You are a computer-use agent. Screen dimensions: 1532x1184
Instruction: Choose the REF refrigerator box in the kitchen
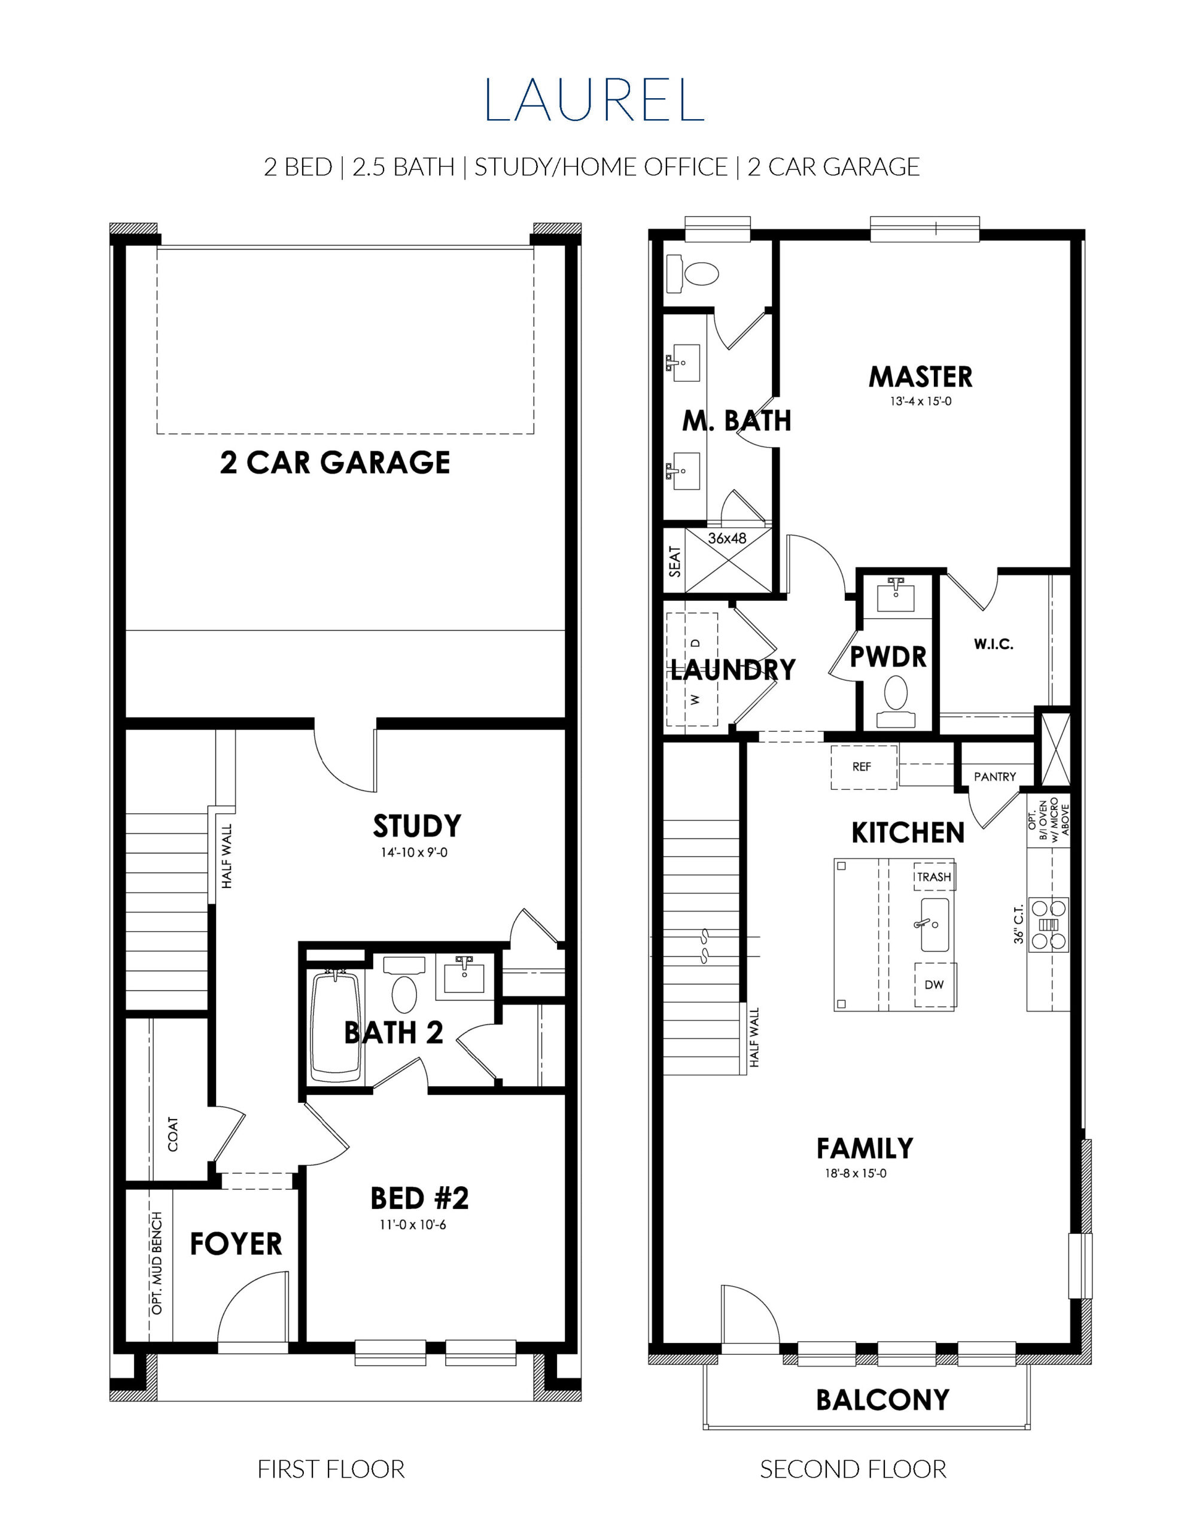[863, 767]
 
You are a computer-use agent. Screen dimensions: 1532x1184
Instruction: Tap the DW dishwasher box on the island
[935, 985]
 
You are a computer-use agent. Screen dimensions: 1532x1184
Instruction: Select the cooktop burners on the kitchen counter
[1049, 925]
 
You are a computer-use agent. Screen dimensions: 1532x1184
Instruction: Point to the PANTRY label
[994, 777]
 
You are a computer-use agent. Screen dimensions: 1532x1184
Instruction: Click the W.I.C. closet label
[993, 644]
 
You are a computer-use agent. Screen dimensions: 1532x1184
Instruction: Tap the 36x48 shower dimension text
[728, 539]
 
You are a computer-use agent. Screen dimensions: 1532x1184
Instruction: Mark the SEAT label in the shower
[675, 561]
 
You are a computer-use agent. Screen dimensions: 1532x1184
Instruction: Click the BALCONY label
[882, 1400]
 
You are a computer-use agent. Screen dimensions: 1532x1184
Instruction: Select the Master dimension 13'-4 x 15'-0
[920, 402]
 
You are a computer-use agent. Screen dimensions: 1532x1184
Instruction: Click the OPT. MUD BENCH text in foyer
[157, 1263]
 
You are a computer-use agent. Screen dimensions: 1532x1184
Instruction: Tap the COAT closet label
[172, 1134]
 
